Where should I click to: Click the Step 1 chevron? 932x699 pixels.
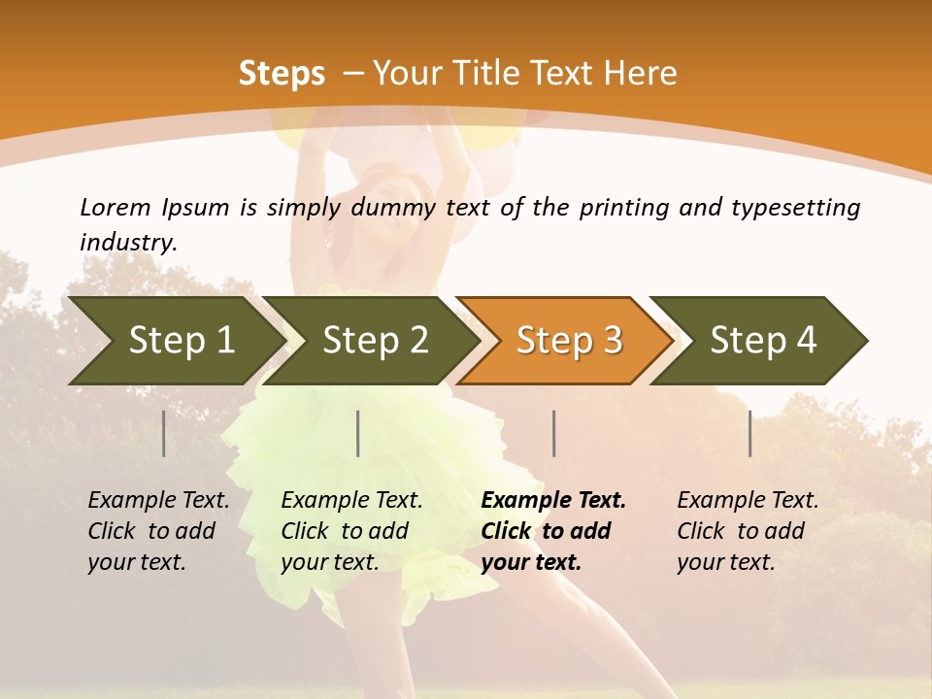click(x=175, y=341)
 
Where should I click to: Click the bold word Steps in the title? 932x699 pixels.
click(x=282, y=74)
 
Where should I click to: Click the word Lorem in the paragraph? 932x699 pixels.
click(x=116, y=207)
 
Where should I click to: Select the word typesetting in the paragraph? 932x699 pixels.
click(x=795, y=207)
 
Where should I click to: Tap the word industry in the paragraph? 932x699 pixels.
click(x=128, y=243)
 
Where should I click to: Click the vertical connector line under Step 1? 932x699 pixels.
click(x=164, y=433)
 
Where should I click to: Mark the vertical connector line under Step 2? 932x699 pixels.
click(x=358, y=433)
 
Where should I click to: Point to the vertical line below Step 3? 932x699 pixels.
click(x=554, y=433)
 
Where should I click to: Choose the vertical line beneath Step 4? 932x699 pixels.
click(x=750, y=433)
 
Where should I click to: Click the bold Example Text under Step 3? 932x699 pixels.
click(x=553, y=501)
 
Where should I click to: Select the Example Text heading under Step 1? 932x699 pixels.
click(x=158, y=501)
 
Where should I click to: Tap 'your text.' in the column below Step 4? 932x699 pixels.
click(x=726, y=562)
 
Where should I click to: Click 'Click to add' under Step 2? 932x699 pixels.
click(x=345, y=531)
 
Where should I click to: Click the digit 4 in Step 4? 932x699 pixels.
click(x=806, y=341)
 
